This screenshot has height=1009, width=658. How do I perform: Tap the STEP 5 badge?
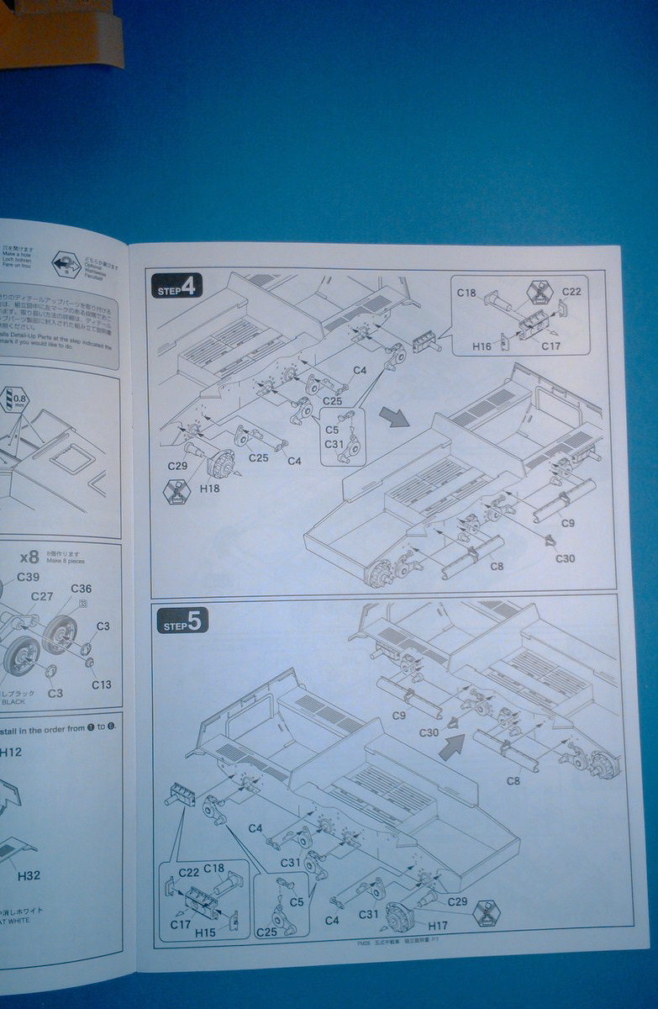coord(182,622)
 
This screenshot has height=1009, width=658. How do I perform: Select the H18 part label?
coord(210,487)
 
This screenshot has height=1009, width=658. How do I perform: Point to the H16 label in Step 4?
coord(482,346)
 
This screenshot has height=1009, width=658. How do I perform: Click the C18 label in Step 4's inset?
coord(466,293)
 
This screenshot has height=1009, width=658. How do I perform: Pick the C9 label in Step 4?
coord(568,523)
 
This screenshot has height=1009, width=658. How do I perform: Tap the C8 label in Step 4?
coord(497,566)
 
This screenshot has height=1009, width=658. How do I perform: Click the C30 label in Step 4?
coord(565,558)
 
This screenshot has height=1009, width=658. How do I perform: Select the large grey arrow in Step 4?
coord(391,415)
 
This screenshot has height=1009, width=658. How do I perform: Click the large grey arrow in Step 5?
coord(452,745)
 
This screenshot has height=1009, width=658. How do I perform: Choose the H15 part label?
coord(206,932)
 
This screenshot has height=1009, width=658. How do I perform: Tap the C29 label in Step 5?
coord(458,901)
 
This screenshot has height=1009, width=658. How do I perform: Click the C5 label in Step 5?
coord(297,902)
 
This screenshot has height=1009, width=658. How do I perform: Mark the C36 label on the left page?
coord(82,589)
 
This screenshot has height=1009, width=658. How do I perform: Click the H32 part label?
coord(29,875)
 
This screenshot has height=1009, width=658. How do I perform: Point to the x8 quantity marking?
coord(29,556)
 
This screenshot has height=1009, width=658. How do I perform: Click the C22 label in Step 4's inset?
coord(571,292)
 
